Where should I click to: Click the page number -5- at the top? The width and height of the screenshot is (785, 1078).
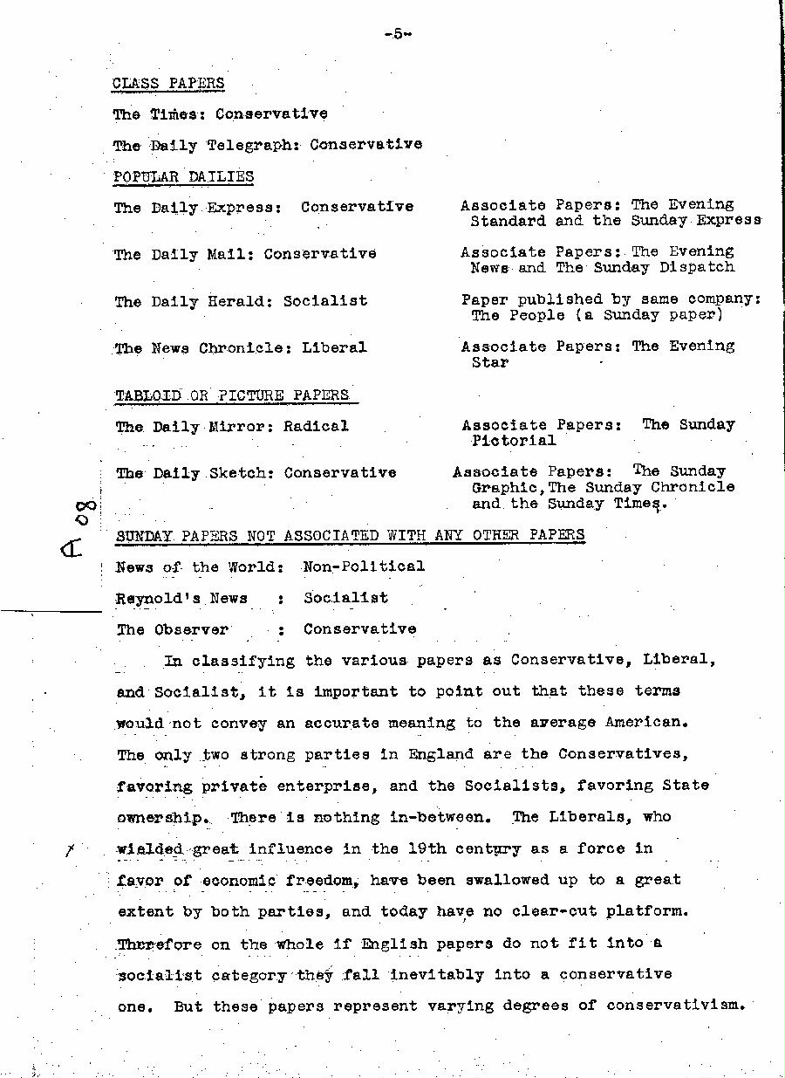[396, 34]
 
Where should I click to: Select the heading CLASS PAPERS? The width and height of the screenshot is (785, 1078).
[168, 84]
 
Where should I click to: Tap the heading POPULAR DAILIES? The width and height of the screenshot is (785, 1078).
[183, 177]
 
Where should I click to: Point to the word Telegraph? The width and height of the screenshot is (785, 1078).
[248, 145]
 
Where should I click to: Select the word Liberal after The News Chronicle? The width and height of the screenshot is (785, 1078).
[334, 347]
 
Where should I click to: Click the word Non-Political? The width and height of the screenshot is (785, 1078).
[364, 566]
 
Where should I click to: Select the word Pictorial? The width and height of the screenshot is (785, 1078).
[513, 441]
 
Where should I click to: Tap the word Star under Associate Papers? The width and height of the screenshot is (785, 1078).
[489, 362]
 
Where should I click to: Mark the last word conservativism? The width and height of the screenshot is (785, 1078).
[676, 1005]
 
